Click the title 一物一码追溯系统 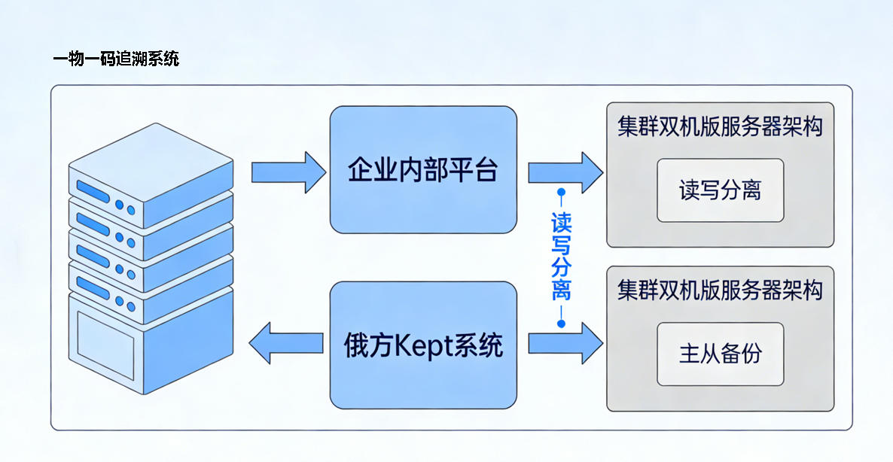pos(117,59)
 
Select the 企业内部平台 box pos(423,169)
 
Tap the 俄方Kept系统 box pos(423,345)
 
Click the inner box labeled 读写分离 pos(720,190)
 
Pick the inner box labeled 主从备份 pos(720,354)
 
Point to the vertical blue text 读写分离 pos(561,256)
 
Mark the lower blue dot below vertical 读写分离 pos(561,324)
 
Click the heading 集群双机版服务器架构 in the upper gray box pos(720,126)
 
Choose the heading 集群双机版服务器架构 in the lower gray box pos(720,290)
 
